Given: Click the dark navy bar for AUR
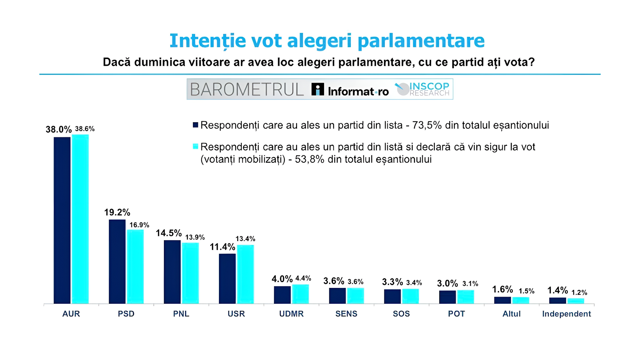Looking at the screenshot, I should tap(62, 220).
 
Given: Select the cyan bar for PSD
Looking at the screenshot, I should tap(135, 266).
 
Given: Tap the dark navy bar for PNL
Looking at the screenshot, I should tap(172, 272).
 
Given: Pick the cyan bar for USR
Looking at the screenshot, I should tap(245, 274).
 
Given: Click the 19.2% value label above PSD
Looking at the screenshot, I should tap(117, 212).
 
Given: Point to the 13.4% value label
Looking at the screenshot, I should tap(245, 239).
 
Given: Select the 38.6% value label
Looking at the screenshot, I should tap(85, 129).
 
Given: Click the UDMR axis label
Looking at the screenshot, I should tap(291, 314).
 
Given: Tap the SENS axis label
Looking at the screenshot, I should tap(346, 314).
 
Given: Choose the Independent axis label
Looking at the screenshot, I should tap(566, 314).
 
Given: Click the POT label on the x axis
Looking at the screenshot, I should tap(456, 314).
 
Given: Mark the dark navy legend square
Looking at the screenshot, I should tap(196, 125).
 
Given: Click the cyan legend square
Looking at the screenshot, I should tap(196, 146).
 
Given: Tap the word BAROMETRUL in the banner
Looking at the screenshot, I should tap(247, 89).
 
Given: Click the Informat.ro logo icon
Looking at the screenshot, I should tap(317, 89).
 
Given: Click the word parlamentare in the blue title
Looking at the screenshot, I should tap(421, 41).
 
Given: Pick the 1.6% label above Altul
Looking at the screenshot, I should tap(502, 289).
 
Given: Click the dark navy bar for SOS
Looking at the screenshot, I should tap(392, 296).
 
